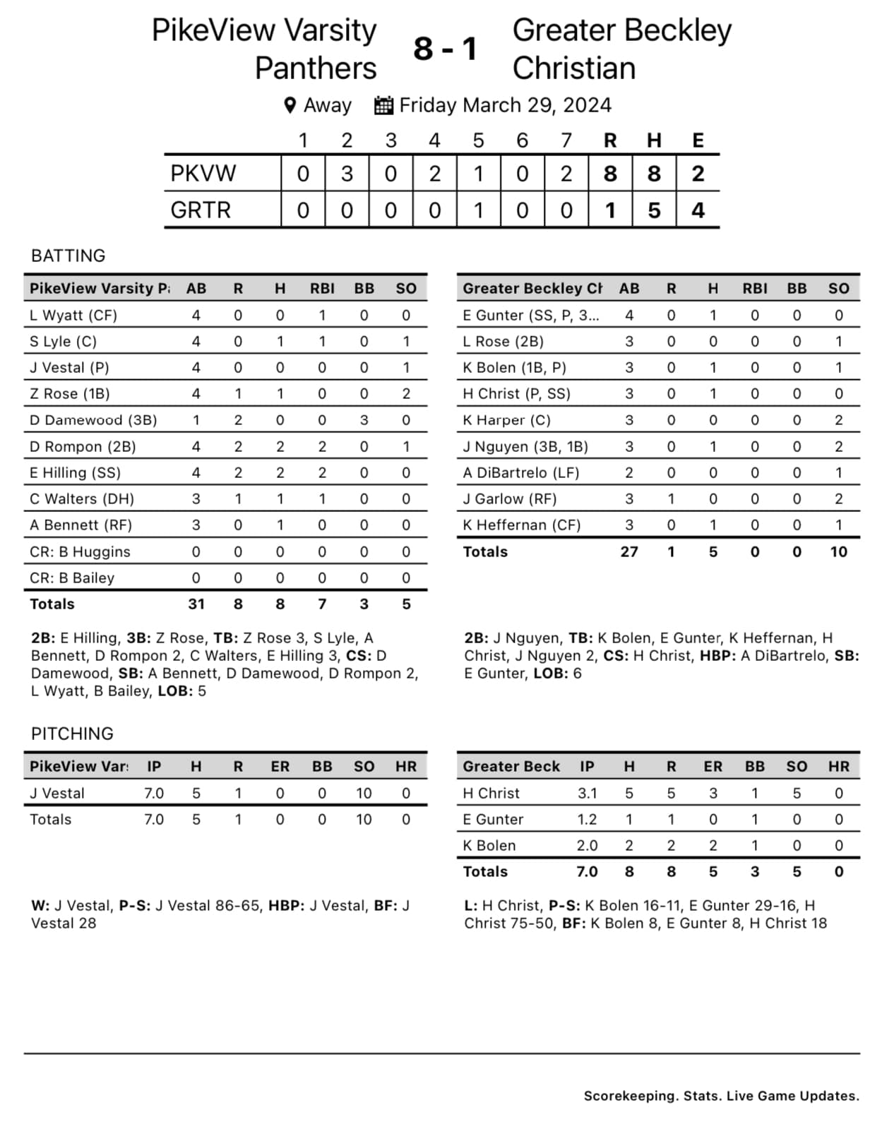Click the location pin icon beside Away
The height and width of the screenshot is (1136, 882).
pos(290,105)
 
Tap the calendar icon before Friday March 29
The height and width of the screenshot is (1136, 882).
pos(383,105)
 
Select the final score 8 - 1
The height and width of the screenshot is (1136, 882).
pos(445,49)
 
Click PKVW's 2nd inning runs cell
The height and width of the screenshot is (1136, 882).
pos(347,174)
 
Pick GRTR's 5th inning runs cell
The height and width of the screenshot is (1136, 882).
pos(478,210)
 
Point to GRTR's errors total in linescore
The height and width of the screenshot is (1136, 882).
pos(698,210)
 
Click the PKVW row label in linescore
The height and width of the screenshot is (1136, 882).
pos(203,174)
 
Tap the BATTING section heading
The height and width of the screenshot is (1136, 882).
pos(68,256)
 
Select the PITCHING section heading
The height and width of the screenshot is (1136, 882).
pos(72,734)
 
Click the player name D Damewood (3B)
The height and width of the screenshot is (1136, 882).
pos(93,420)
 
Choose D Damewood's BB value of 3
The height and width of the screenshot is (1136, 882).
pos(364,420)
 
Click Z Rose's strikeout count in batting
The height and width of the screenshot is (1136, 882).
pos(406,394)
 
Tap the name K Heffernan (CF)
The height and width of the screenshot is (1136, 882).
pos(521,525)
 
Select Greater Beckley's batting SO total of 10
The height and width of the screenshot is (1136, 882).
pos(838,552)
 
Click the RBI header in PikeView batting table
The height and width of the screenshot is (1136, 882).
pos(322,288)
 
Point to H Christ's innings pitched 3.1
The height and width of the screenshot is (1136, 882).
pos(587,794)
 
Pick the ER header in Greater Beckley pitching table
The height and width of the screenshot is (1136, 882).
pos(713,767)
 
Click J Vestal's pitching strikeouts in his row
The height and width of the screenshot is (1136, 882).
pos(364,794)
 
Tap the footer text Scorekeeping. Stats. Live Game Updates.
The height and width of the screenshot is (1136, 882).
pos(721,1096)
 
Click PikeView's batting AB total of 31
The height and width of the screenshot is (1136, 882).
pos(196,604)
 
